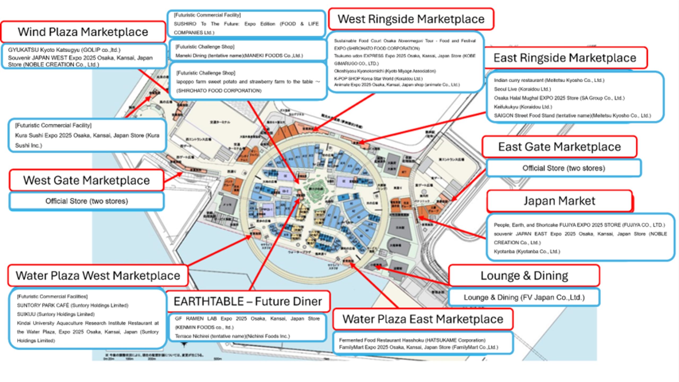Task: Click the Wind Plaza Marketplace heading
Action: pyautogui.click(x=83, y=32)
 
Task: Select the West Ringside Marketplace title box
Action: pyautogui.click(x=411, y=19)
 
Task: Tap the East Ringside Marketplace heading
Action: pyautogui.click(x=565, y=58)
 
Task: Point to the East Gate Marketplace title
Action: pyautogui.click(x=559, y=147)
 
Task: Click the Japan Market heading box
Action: pyautogui.click(x=559, y=201)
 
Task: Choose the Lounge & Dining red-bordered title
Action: pyautogui.click(x=524, y=276)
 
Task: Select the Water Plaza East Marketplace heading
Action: pyautogui.click(x=423, y=319)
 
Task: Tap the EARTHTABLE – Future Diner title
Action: pyautogui.click(x=248, y=301)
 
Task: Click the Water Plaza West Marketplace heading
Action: pyautogui.click(x=98, y=276)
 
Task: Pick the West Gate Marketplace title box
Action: pyautogui.click(x=86, y=180)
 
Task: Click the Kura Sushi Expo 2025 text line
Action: pyautogui.click(x=87, y=136)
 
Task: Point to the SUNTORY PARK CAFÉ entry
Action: pyautogui.click(x=72, y=305)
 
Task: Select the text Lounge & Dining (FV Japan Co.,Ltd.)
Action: pyautogui.click(x=524, y=297)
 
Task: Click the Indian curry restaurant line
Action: pyautogui.click(x=549, y=80)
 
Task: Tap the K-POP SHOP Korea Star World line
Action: pyautogui.click(x=378, y=79)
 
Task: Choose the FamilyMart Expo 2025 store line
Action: pyautogui.click(x=418, y=347)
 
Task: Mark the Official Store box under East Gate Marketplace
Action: pyautogui.click(x=564, y=168)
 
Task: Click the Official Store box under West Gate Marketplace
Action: pyautogui.click(x=86, y=201)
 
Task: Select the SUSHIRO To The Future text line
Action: pyautogui.click(x=246, y=24)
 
